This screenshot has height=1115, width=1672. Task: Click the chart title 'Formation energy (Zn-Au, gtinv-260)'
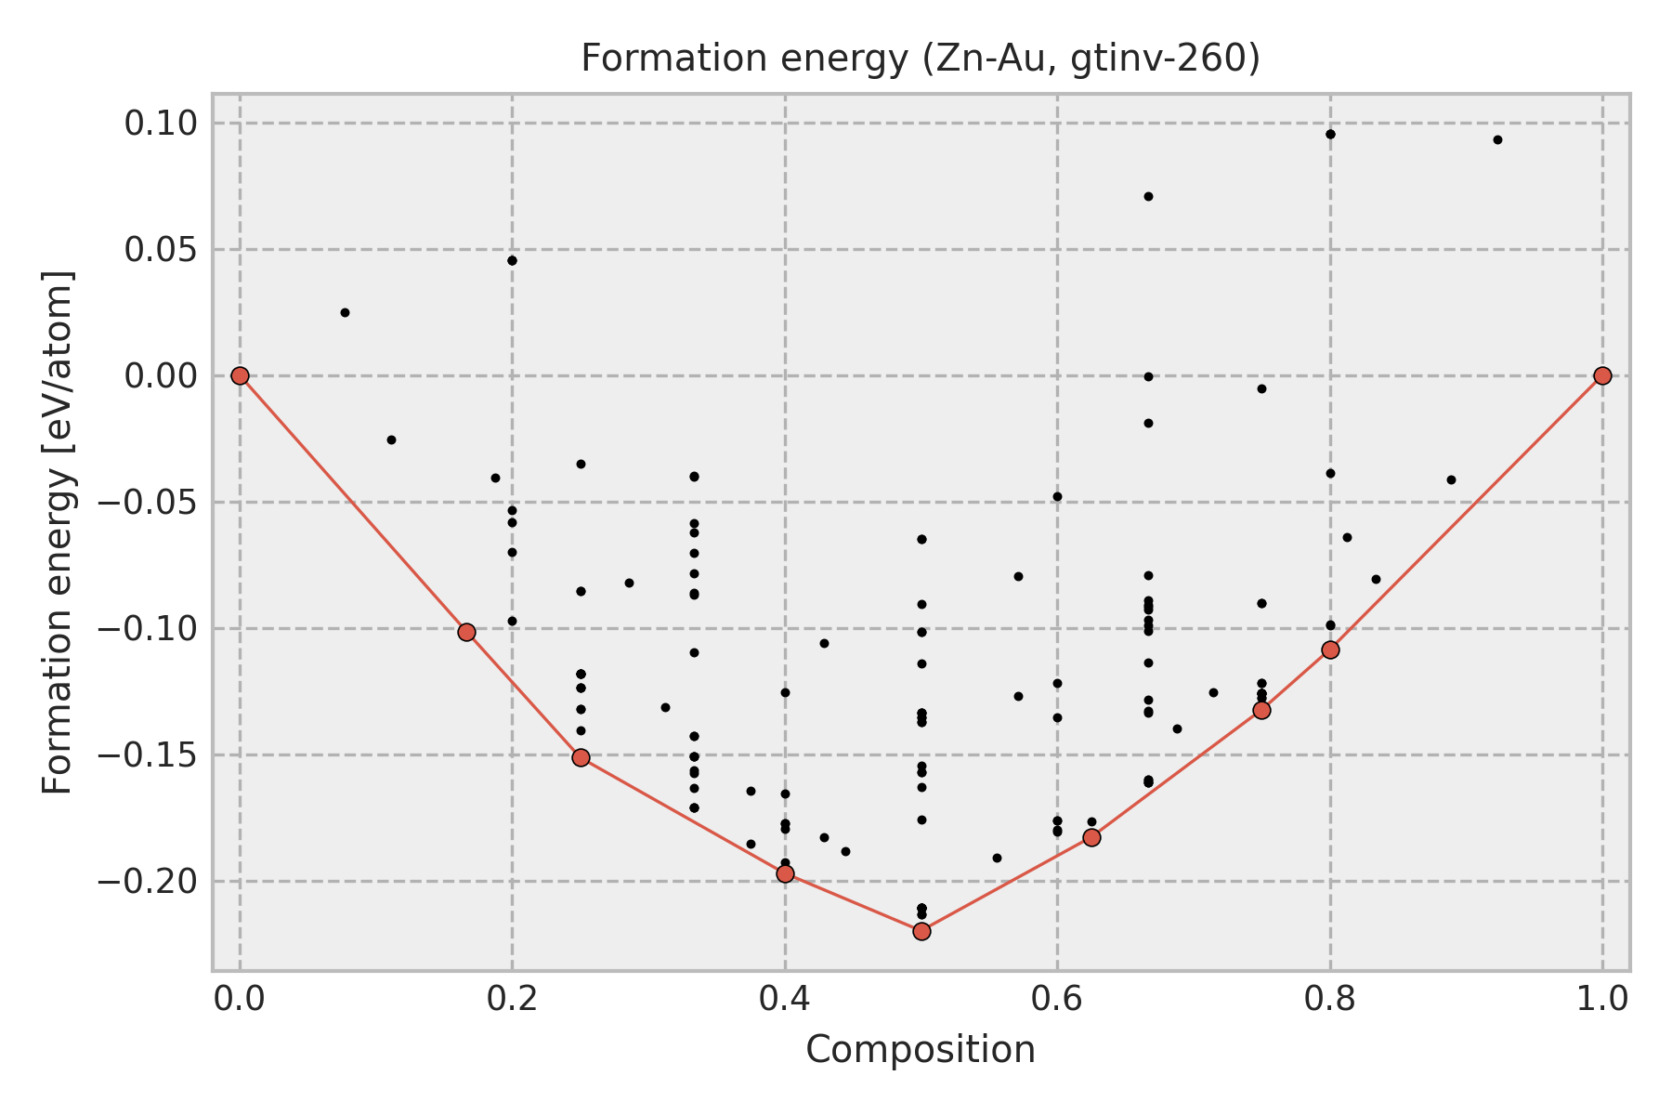(x=920, y=59)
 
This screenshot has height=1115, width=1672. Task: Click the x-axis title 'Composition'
(x=920, y=1050)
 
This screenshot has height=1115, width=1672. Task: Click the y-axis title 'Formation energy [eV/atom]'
(x=59, y=532)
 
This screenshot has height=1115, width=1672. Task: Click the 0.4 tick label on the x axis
(x=785, y=998)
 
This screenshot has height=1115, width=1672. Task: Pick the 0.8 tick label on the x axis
(x=1330, y=998)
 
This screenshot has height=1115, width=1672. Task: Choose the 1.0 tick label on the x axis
(x=1602, y=998)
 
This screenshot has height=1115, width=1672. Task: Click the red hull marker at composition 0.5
(x=921, y=931)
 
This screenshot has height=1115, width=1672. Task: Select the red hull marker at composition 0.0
(x=240, y=375)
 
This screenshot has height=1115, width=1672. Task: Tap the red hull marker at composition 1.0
(x=1602, y=375)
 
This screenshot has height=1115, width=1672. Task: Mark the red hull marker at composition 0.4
(x=785, y=873)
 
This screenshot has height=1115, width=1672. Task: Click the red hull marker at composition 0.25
(x=581, y=757)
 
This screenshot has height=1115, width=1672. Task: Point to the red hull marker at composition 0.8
(x=1330, y=649)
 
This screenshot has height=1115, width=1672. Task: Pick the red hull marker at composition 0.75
(x=1261, y=710)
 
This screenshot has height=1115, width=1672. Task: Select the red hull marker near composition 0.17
(x=466, y=632)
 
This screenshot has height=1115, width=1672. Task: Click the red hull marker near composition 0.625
(x=1091, y=837)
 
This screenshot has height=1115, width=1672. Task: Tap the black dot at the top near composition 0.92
(x=1497, y=139)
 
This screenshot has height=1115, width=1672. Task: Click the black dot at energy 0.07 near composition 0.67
(x=1148, y=196)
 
